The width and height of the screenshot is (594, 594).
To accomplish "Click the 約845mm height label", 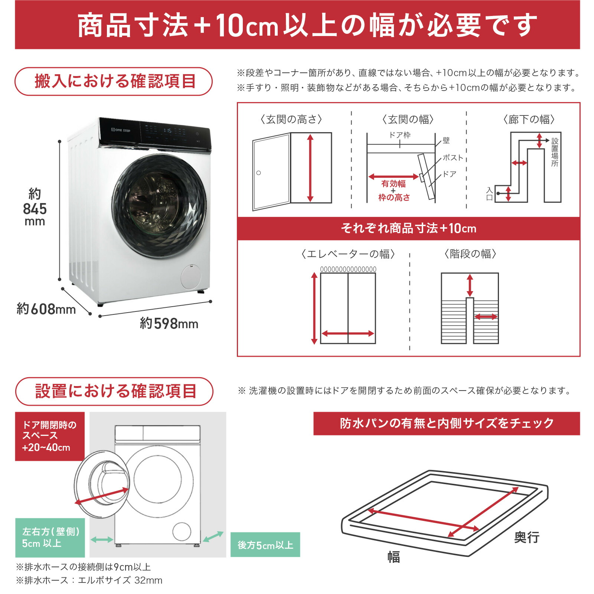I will tap(35, 208).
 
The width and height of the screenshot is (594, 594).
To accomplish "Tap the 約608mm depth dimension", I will tap(46, 309).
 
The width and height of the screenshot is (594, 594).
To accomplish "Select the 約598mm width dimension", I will tap(169, 323).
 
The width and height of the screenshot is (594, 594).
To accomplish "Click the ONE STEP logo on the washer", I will tap(121, 130).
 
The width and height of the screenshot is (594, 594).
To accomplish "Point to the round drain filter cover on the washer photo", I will tap(190, 277).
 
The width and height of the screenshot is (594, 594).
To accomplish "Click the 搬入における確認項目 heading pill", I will tap(114, 81).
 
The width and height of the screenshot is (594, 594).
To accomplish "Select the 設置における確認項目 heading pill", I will tap(114, 391).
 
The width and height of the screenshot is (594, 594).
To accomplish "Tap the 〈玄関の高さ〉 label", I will tap(291, 120).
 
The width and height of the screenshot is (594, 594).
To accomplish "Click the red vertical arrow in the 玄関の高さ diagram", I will tap(310, 168).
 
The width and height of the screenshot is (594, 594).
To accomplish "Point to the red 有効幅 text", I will tap(394, 184).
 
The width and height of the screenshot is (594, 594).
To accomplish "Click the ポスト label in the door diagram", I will tap(453, 158).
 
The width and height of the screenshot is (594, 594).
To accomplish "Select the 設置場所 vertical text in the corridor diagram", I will tap(555, 152).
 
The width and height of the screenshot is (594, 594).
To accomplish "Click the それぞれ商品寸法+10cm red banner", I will tap(408, 228).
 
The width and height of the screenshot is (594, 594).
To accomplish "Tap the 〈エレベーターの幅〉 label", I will tap(348, 254).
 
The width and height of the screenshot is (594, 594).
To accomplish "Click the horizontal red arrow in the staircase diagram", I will tap(486, 317).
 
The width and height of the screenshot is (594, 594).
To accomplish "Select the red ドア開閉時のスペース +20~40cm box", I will tap(50, 436).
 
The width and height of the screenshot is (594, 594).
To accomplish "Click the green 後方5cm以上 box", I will tap(265, 545).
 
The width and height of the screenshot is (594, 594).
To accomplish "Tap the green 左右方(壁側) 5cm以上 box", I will tap(50, 538).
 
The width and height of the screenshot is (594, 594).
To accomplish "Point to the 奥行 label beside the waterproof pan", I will tap(526, 537).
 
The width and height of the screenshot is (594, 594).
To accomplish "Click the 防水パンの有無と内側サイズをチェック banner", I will tap(446, 423).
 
